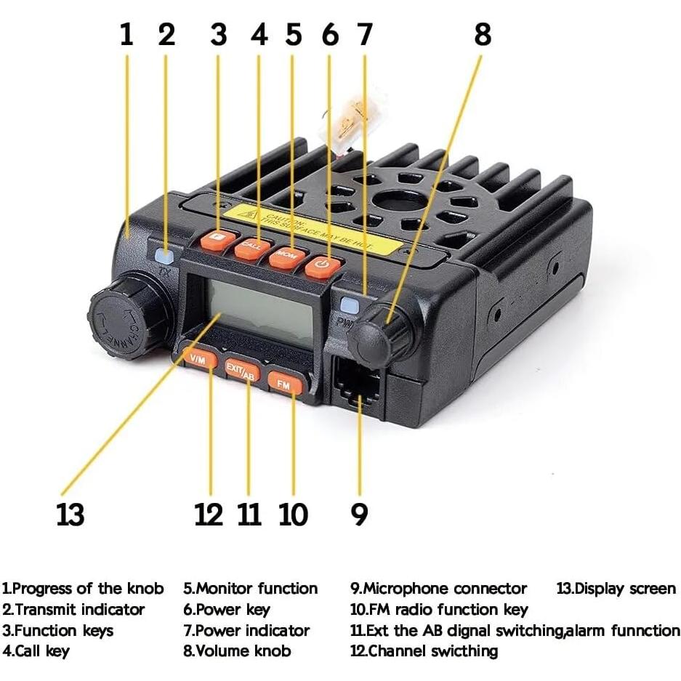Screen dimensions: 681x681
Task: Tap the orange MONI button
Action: click(286, 257)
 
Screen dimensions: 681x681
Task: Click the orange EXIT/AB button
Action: click(241, 370)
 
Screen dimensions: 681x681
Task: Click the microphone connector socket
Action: click(358, 385)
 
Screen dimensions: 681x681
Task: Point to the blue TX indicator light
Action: click(165, 256)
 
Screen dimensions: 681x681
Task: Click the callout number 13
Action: click(70, 514)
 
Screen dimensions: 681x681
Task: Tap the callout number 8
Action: click(482, 34)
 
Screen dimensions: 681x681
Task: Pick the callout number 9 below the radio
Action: click(359, 514)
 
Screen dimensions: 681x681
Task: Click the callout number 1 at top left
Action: click(127, 34)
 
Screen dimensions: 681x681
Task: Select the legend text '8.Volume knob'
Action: click(237, 650)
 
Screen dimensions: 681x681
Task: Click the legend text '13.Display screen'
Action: click(616, 588)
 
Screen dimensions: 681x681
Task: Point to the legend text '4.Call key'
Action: click(36, 650)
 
